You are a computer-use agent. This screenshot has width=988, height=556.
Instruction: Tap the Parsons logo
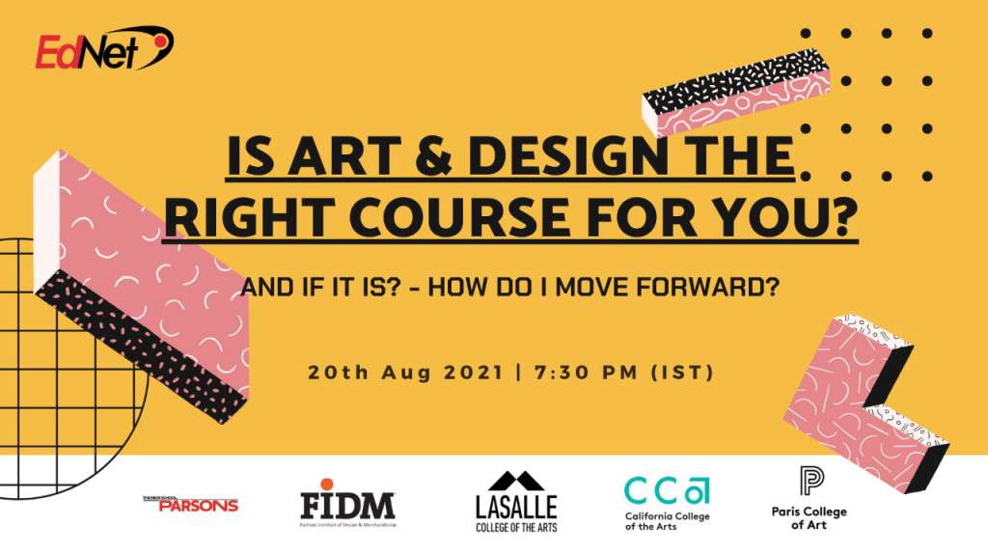(190, 503)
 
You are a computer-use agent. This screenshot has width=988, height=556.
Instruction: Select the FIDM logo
(347, 505)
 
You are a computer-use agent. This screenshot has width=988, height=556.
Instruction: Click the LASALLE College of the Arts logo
(516, 502)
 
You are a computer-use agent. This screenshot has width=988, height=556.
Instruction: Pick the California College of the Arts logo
(667, 503)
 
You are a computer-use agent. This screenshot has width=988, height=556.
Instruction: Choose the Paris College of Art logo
(810, 497)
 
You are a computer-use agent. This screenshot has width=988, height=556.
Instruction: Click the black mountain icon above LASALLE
(516, 481)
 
